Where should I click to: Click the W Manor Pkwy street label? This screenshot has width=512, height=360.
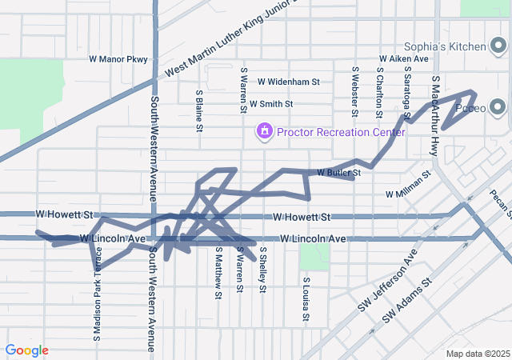[118, 59]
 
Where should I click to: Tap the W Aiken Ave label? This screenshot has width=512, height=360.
[404, 59]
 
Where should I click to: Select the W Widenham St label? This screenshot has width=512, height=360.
[289, 82]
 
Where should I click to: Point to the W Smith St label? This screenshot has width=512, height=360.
[271, 104]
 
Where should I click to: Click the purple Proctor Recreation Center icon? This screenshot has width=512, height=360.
[264, 130]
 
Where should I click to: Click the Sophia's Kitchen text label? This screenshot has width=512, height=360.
[445, 46]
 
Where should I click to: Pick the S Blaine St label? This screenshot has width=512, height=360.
[198, 109]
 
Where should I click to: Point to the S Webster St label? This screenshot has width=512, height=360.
[354, 90]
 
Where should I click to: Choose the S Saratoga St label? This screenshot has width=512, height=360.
[407, 99]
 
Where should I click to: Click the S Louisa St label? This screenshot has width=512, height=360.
[306, 299]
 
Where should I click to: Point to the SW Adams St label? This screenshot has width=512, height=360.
[407, 301]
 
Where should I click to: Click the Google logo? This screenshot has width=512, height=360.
[26, 350]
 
